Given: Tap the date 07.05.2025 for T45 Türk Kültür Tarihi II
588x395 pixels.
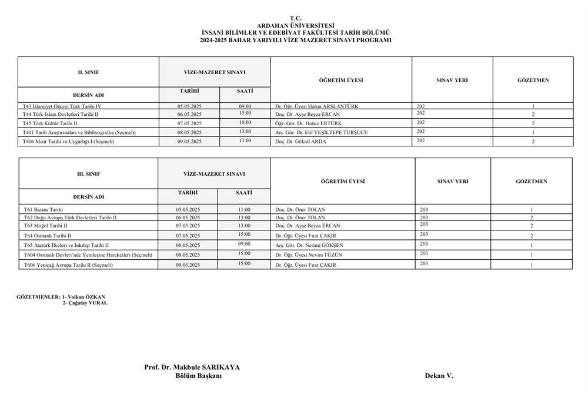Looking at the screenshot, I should point(189,123).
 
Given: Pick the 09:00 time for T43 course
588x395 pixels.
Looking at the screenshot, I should point(245,106).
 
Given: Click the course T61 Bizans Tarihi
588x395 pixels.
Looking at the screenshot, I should point(43,209).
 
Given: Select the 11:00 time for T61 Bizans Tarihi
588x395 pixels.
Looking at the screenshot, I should point(244,209).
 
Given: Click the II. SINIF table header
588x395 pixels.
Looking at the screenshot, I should point(88,72).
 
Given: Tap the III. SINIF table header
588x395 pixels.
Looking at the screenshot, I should point(88,173).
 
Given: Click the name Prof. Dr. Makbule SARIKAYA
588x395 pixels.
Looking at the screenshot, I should point(192,367).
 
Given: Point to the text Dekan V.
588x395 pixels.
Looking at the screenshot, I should point(439,376).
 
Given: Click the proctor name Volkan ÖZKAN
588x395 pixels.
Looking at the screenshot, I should point(90,297).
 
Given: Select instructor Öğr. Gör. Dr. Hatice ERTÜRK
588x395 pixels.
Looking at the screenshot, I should point(308,123).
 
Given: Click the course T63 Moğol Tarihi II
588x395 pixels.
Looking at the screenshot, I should point(45,225).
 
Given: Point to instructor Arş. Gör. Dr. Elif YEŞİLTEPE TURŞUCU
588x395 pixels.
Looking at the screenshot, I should point(322,132).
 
